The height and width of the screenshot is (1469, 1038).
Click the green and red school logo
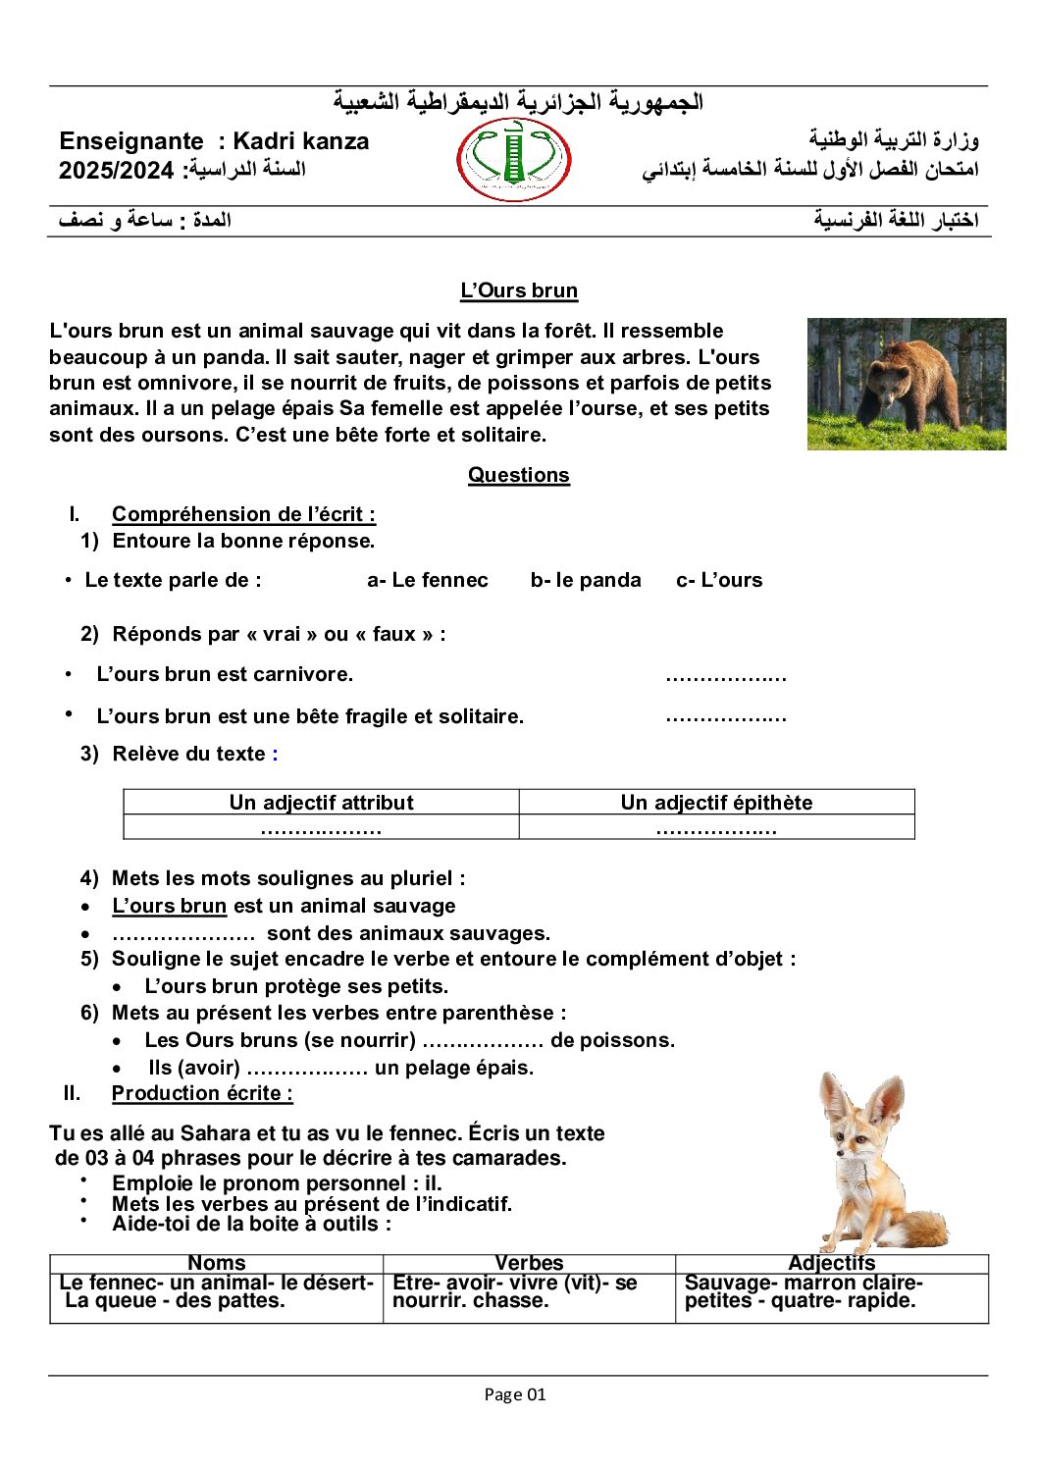pos(513,160)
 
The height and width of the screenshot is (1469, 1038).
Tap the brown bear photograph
pos(906,384)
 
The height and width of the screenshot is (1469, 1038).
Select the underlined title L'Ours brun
pos(519,290)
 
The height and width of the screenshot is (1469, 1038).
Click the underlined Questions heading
pos(518,475)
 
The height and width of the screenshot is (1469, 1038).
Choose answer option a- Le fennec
pos(427,580)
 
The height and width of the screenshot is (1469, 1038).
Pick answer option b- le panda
pos(585,580)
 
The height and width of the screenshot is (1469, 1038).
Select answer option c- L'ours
pos(719,580)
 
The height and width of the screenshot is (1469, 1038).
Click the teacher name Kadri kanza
pos(301,141)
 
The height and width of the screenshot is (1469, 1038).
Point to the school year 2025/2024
pos(116,171)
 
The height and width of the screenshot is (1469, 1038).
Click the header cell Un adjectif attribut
pos(321,803)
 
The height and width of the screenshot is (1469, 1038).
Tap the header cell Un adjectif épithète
pos(716,803)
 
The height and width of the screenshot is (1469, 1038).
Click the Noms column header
pos(216,1263)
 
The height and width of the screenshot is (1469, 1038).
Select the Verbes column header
pos(529,1263)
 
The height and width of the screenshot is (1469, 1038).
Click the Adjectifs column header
pos(831,1263)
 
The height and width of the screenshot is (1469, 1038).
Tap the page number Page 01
pos(515,1394)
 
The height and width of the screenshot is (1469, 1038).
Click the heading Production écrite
pos(202,1093)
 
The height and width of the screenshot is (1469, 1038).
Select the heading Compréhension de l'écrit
pos(243,514)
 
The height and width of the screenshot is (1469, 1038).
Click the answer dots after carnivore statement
pos(725,676)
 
